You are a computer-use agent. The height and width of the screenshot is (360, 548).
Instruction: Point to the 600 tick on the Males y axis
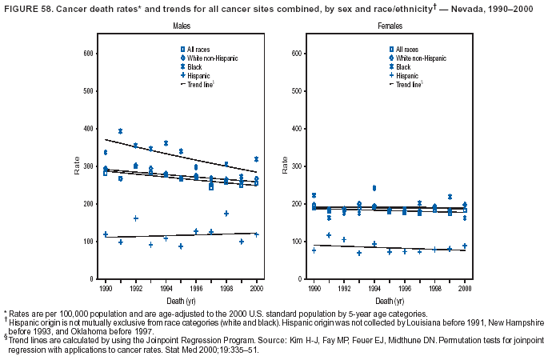click(90, 53)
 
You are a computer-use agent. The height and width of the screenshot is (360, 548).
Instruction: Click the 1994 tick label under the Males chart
click(165, 287)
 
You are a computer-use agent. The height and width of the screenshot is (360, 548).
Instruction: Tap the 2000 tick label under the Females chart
click(464, 287)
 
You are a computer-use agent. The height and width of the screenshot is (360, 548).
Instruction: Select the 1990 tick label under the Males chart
click(105, 287)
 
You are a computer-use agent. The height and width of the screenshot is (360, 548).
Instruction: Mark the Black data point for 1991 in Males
click(120, 131)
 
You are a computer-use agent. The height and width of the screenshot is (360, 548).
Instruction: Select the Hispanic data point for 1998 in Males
click(226, 214)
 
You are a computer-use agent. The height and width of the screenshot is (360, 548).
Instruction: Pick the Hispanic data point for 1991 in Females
click(329, 235)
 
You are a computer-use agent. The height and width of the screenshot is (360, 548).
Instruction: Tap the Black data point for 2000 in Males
click(256, 159)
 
